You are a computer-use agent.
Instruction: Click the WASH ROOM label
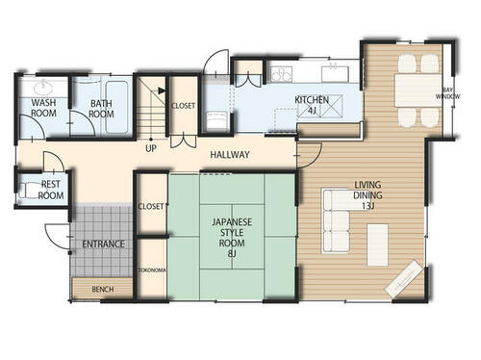click(43, 108)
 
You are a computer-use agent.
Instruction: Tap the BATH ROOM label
click(101, 109)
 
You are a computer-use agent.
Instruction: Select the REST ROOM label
click(51, 190)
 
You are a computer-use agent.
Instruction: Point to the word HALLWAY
click(230, 155)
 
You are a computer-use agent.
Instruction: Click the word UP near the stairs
click(151, 148)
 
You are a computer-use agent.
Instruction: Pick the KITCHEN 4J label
click(312, 105)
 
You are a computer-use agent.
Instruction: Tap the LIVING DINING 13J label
click(367, 195)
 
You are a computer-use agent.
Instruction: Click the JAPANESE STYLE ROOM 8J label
click(232, 238)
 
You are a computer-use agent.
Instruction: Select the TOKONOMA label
click(152, 270)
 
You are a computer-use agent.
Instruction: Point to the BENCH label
click(103, 290)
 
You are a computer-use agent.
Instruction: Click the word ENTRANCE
click(103, 244)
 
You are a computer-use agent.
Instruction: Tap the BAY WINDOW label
click(447, 93)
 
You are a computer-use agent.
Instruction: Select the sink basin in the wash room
click(42, 87)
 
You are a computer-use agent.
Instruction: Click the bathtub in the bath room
click(116, 107)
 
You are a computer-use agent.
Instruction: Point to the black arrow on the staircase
click(162, 90)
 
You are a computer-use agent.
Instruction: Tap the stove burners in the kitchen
click(281, 75)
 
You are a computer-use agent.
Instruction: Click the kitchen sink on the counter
click(335, 74)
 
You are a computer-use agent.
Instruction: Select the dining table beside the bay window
click(418, 90)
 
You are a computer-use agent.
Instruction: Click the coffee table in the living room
click(377, 244)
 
